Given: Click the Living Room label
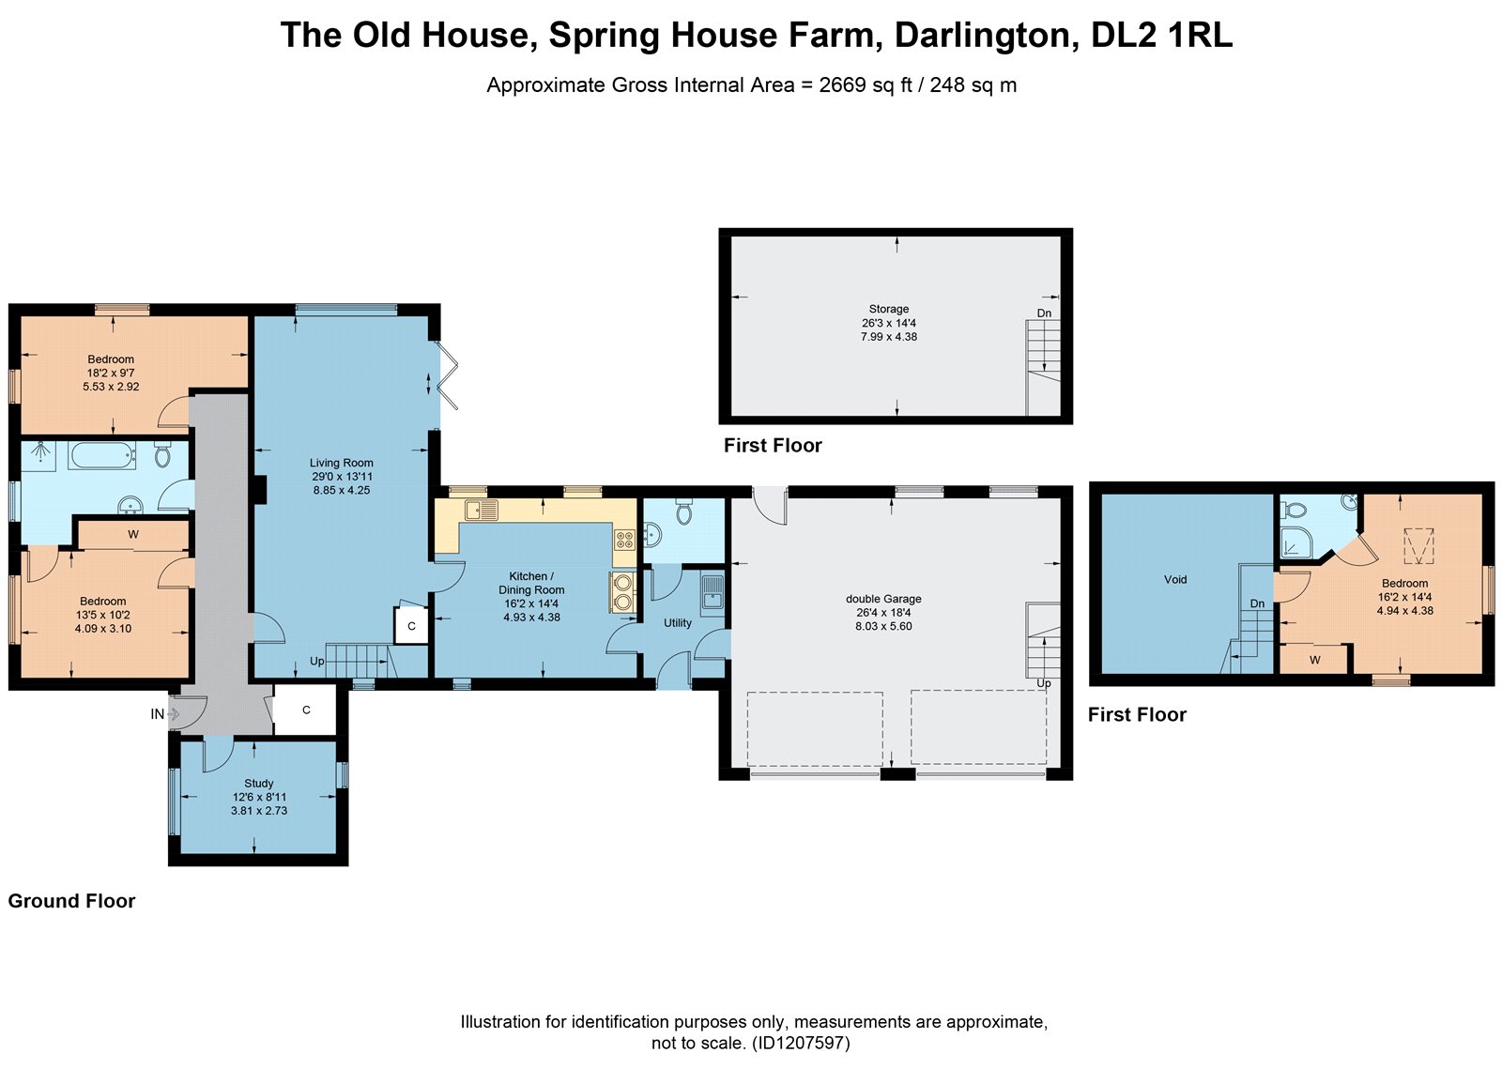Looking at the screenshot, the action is pyautogui.click(x=342, y=463).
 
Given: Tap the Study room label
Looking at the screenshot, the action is pyautogui.click(x=259, y=783).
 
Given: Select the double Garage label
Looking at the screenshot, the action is pyautogui.click(x=883, y=599).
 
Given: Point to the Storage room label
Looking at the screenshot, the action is pyautogui.click(x=888, y=309).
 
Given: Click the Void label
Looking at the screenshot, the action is pyautogui.click(x=1175, y=579).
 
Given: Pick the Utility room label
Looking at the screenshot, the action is pyautogui.click(x=677, y=623).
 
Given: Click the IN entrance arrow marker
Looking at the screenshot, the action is pyautogui.click(x=173, y=714).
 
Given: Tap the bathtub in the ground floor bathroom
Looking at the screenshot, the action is pyautogui.click(x=102, y=455).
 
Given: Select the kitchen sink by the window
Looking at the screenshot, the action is pyautogui.click(x=481, y=510).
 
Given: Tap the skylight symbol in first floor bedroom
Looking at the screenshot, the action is pyautogui.click(x=1418, y=545).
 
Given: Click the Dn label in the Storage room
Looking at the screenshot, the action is pyautogui.click(x=1044, y=313).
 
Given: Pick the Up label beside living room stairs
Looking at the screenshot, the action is pyautogui.click(x=317, y=661).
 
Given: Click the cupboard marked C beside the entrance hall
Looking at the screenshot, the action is pyautogui.click(x=306, y=710).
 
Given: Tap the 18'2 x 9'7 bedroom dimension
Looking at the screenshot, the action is pyautogui.click(x=111, y=373).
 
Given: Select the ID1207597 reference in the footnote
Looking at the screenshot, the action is pyautogui.click(x=802, y=1043).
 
